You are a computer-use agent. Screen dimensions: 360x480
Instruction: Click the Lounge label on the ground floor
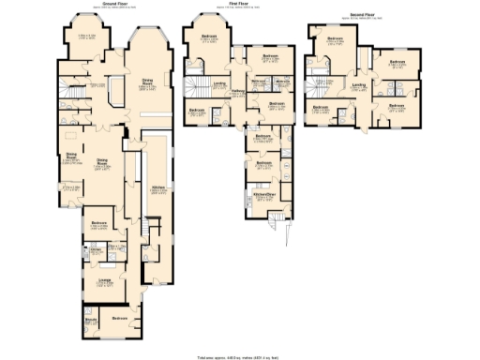97,278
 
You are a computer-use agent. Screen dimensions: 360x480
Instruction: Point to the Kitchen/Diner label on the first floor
262,195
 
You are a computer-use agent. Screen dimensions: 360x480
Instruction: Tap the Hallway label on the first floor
238,90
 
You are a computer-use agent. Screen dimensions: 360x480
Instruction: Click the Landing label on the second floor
357,86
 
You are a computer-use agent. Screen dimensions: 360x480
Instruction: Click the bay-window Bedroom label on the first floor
208,39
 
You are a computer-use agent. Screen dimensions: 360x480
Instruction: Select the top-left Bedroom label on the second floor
335,39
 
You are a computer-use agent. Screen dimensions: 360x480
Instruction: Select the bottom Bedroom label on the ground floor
120,319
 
